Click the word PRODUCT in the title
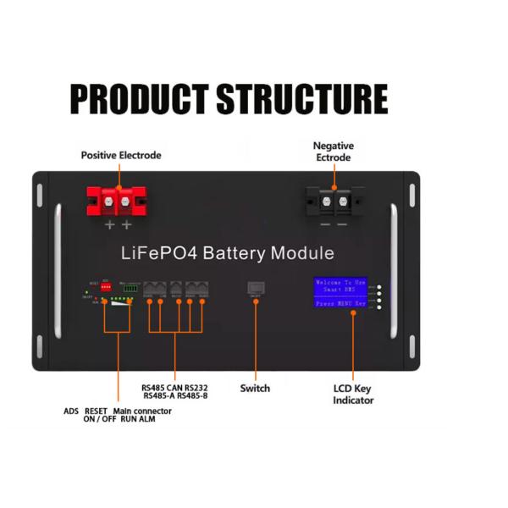pos(140,99)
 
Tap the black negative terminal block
pos(333,204)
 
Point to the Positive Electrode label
pos(120,156)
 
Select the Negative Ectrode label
pos(333,152)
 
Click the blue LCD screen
pos(341,293)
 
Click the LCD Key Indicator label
pos(352,395)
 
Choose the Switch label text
pos(255,389)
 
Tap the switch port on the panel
pos(255,288)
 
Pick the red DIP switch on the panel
pos(108,287)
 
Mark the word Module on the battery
pos(303,253)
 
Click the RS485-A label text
pos(161,395)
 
